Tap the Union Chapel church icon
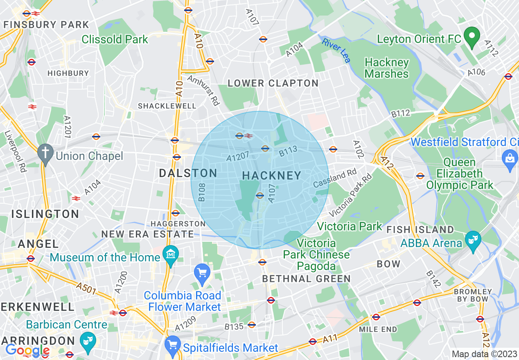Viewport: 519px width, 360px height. coord(45,153)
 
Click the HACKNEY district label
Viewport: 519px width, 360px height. coord(271,175)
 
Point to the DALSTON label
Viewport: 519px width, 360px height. coord(188,173)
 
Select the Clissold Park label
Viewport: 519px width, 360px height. coord(115,39)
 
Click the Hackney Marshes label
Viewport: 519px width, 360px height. coord(386,68)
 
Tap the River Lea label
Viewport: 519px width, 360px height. coord(336,50)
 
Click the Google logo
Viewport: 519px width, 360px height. coord(27,350)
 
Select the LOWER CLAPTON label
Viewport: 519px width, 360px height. coord(273,83)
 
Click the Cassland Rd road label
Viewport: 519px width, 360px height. coord(335,178)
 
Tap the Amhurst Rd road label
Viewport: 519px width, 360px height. coord(203,90)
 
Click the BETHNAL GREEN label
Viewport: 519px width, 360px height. coord(306,279)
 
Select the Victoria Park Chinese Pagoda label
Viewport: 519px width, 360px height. coord(317,254)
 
